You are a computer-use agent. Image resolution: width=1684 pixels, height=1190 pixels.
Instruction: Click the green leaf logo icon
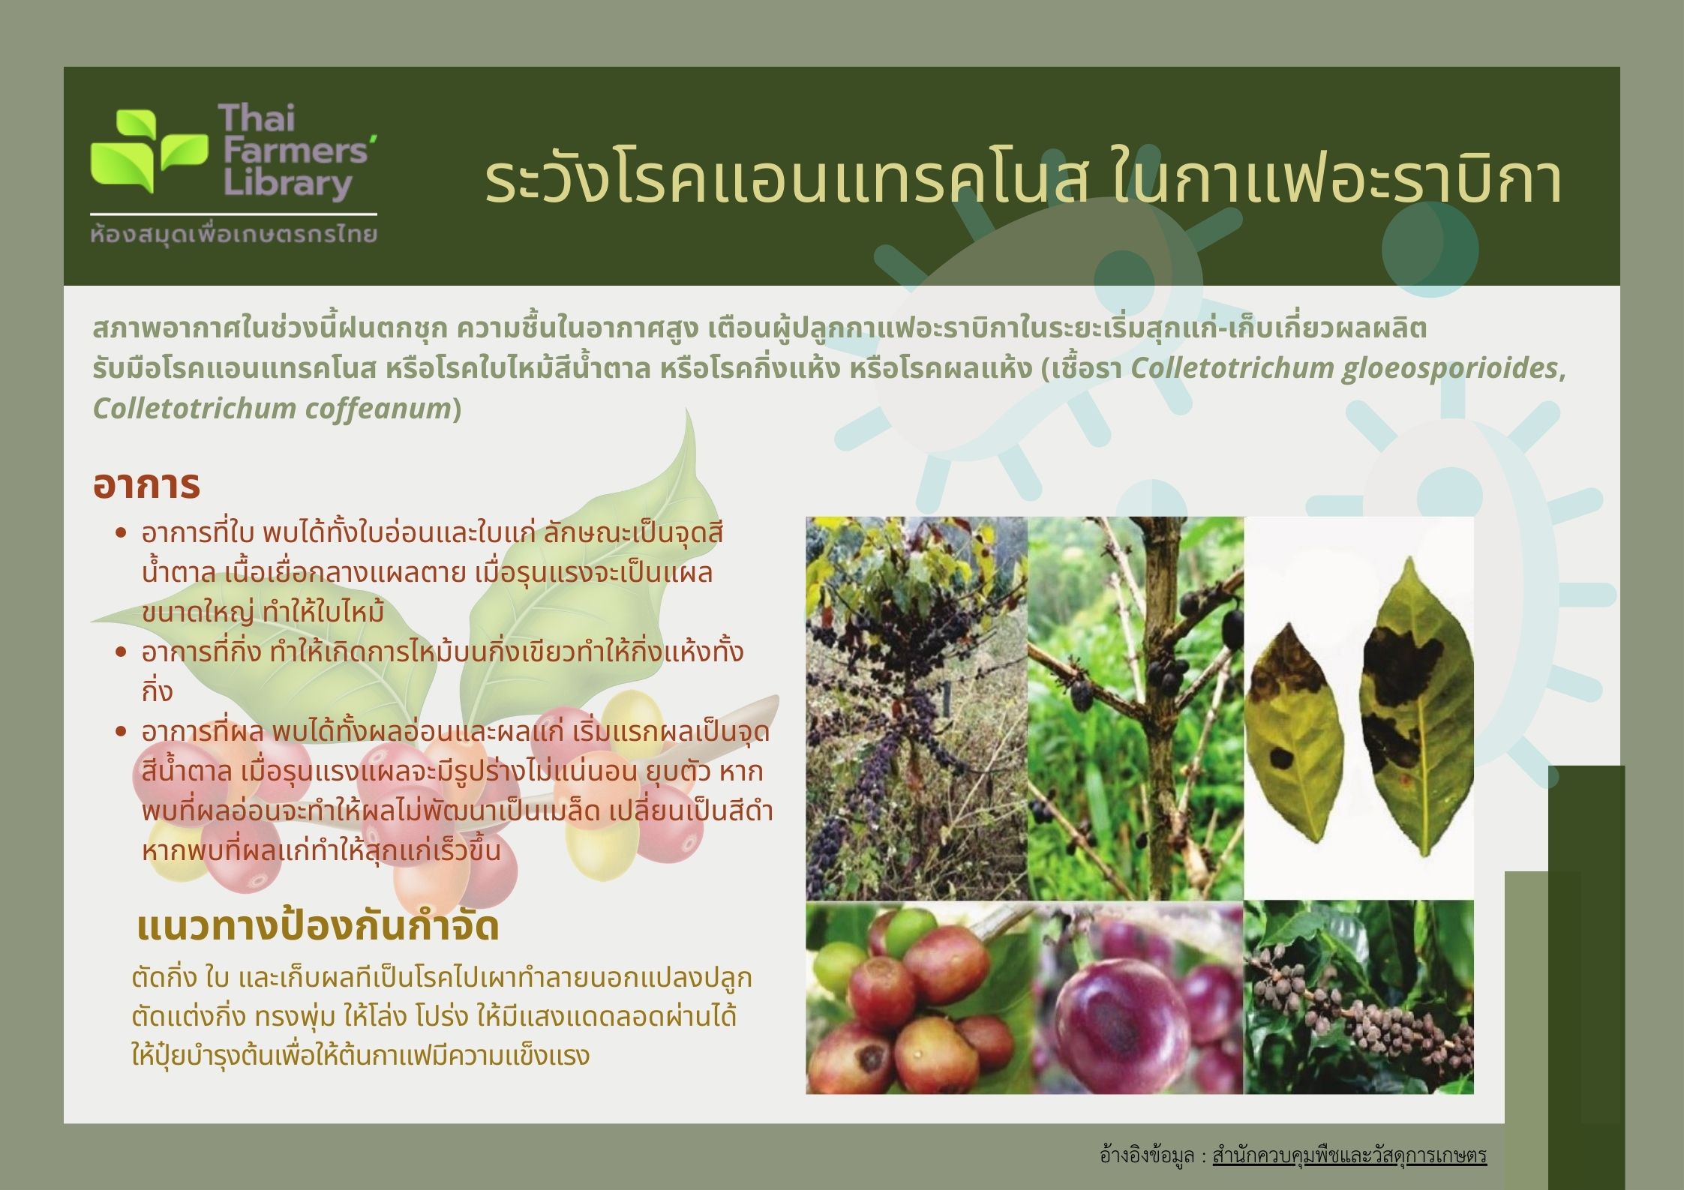149,151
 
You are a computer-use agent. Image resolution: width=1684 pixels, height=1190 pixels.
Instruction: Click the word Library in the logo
285,185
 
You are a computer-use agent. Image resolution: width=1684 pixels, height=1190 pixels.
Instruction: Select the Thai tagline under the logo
233,234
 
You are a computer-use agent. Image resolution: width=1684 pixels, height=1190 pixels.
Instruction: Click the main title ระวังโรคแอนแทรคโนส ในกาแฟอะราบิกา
1024,179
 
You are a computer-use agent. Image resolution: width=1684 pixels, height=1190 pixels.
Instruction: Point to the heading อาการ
146,484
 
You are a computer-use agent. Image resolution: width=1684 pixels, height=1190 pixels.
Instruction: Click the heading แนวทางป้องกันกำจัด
318,927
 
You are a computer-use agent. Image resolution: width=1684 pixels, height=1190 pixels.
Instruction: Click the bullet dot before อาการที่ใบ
122,534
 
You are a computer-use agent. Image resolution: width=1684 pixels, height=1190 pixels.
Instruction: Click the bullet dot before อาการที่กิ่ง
122,652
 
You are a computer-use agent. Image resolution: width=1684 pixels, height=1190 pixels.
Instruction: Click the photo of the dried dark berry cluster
1358,997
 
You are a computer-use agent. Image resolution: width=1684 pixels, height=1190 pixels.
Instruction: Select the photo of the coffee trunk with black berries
1136,709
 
